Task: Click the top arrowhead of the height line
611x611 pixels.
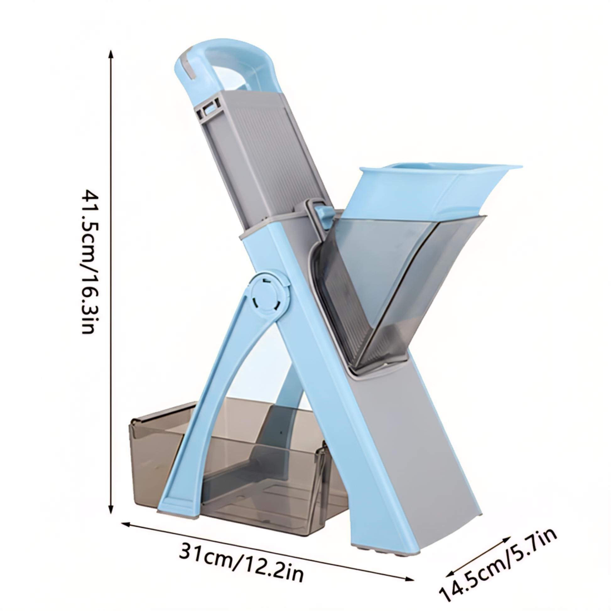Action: click(111, 54)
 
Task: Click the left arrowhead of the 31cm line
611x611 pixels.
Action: click(127, 497)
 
